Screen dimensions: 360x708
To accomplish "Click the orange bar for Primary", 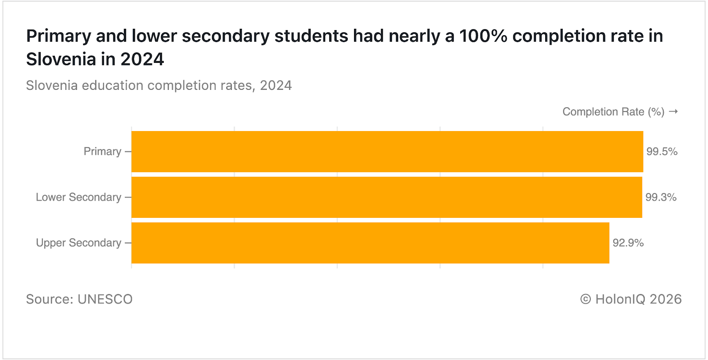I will [x=387, y=151].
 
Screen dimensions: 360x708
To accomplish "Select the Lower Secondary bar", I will [x=387, y=197].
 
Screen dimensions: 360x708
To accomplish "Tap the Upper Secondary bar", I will [x=370, y=243].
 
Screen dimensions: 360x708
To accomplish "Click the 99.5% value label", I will [x=662, y=151].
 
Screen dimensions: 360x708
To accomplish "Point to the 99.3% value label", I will [x=661, y=197].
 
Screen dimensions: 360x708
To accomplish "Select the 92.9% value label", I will [x=628, y=243].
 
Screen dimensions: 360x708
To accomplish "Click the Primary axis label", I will [x=102, y=151].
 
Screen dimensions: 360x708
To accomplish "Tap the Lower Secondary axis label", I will [x=78, y=197].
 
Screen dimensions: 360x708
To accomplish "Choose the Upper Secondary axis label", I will [x=78, y=243].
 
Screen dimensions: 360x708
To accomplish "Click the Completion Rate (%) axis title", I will [x=613, y=112].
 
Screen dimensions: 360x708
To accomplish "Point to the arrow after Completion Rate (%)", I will [x=673, y=112].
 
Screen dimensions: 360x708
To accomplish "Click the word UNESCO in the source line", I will [x=105, y=299].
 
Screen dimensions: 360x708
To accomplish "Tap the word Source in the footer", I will [x=48, y=299].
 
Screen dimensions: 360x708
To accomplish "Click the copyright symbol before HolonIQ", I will [x=585, y=299].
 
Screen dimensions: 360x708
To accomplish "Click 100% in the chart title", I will [x=483, y=36].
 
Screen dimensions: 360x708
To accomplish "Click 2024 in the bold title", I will [x=142, y=59].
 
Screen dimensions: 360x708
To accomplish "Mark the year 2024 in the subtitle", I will [x=276, y=85].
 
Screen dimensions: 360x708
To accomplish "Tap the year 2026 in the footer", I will [x=666, y=299].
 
